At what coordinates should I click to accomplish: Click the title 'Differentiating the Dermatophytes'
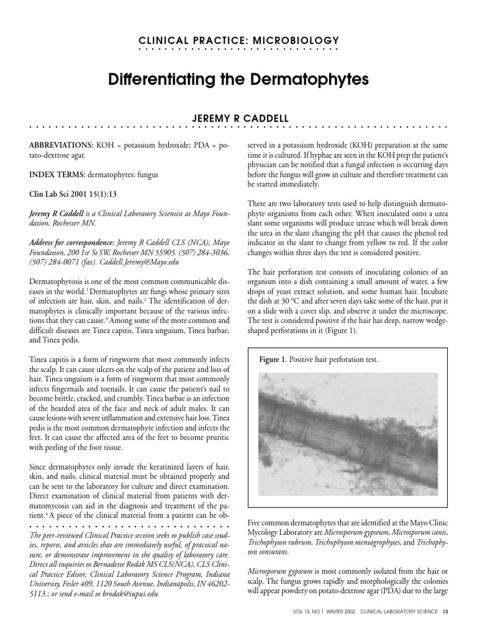pyautogui.click(x=238, y=80)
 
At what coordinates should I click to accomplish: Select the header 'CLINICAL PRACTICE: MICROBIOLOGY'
pyautogui.click(x=238, y=40)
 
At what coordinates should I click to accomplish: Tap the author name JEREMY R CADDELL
pyautogui.click(x=238, y=118)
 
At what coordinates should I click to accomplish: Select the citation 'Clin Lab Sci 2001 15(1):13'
pyautogui.click(x=73, y=193)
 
